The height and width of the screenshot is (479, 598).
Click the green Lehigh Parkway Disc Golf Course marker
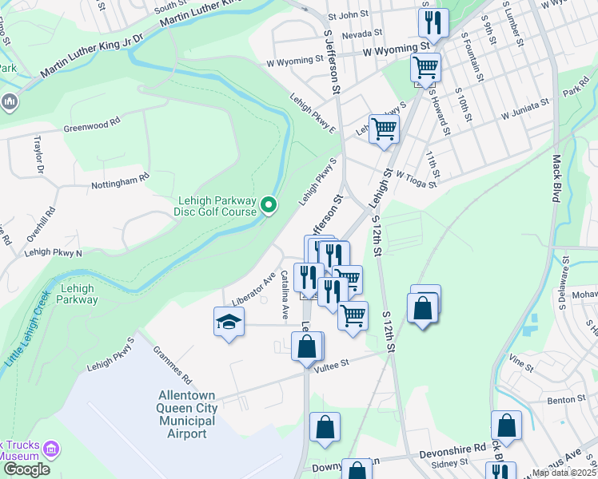(269, 206)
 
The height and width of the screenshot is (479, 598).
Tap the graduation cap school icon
(229, 323)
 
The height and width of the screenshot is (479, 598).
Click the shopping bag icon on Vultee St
(307, 347)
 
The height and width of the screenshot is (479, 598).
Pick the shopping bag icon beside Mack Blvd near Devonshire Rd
(506, 426)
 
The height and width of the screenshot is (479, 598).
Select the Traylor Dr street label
(38, 154)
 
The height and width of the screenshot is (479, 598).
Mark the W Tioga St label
(415, 180)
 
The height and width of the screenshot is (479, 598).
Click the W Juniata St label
(525, 109)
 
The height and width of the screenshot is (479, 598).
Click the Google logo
(26, 469)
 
